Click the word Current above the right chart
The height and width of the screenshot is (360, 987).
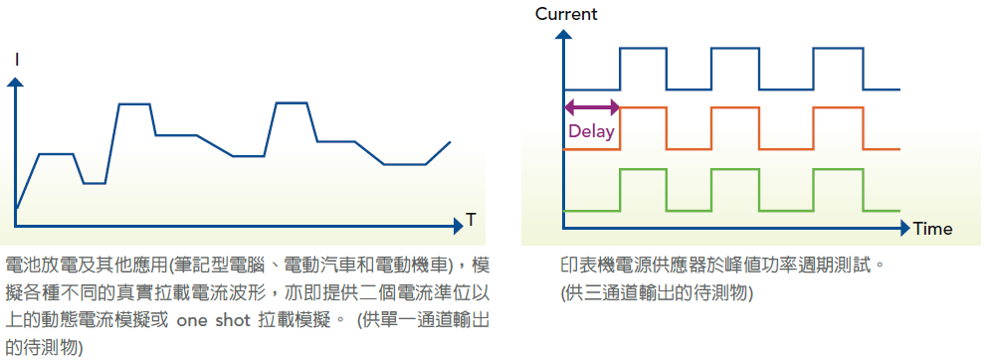coord(566,14)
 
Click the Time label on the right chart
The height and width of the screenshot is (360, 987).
coord(932,229)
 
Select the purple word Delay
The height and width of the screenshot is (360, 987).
coord(591,131)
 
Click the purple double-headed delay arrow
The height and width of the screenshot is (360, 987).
coord(592,107)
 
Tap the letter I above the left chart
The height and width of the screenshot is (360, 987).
coord(17,60)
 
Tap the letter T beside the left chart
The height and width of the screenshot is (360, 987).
coord(471,220)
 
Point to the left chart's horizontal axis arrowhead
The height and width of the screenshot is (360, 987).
coord(458,226)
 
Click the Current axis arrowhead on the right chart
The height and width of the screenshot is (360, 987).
coord(564,37)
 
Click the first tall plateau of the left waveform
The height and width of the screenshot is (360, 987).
coord(134,103)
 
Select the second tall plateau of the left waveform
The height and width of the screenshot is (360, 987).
coord(292,102)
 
